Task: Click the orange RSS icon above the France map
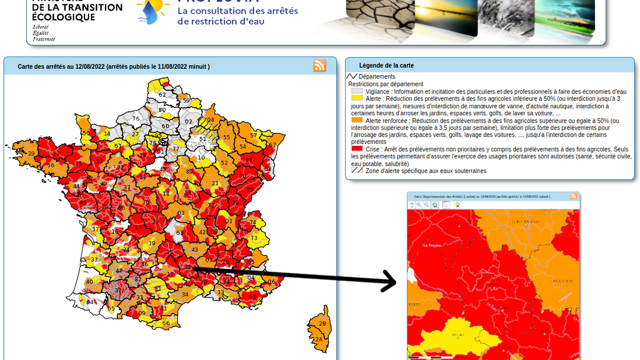click(319, 66)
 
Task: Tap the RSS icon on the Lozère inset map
click(573, 196)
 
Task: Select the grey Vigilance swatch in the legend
click(357, 91)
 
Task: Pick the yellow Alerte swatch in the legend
click(357, 99)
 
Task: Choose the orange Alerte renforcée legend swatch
click(357, 121)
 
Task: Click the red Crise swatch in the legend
click(357, 149)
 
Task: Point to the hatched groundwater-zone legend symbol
click(357, 171)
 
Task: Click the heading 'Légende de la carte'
click(386, 66)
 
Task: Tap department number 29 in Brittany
click(31, 154)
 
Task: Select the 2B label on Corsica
click(322, 324)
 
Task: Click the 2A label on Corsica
click(318, 339)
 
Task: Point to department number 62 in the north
click(162, 94)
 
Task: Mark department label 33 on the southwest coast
click(94, 260)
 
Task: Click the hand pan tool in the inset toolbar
click(411, 205)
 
